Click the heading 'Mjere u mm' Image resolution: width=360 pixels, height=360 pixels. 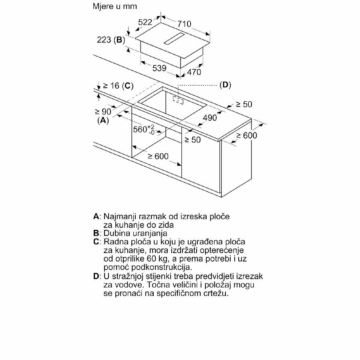point(115,6)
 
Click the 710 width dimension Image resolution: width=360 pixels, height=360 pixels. point(184,24)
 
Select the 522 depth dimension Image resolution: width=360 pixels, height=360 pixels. point(145,22)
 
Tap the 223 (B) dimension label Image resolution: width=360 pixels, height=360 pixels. point(111,40)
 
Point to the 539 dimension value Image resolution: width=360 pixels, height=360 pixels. point(159,68)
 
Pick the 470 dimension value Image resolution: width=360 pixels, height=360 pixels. point(194,72)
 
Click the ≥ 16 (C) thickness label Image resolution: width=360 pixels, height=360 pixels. point(118,86)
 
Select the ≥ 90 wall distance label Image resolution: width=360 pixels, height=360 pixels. point(103,112)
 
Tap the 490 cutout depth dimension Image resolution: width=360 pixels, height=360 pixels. point(210,118)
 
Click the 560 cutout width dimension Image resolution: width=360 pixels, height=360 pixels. point(144,129)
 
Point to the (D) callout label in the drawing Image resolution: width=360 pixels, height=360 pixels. point(225,85)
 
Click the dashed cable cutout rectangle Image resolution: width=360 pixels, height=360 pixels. point(178,100)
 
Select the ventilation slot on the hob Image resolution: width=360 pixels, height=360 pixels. point(174,38)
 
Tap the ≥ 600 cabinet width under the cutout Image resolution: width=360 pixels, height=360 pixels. point(158,156)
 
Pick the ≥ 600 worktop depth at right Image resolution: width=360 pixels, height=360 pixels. point(247,135)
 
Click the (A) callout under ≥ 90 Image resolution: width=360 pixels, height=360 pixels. point(103,121)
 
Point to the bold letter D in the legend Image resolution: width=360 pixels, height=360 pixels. point(96,276)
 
